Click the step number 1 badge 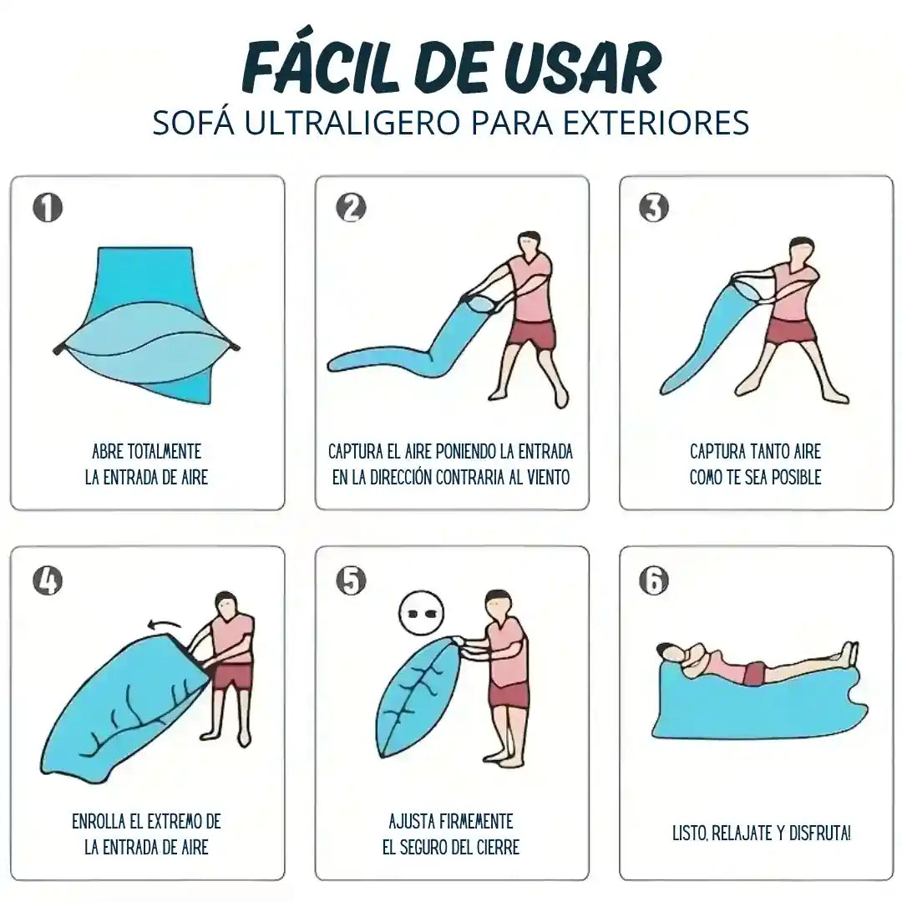[x=47, y=208]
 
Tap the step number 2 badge [x=351, y=208]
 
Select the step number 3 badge [x=654, y=208]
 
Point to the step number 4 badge [x=47, y=580]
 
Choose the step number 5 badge [x=351, y=580]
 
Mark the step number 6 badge [x=654, y=580]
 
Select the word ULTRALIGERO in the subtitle [x=352, y=122]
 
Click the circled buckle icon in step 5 [x=422, y=613]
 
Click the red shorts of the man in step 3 [x=793, y=331]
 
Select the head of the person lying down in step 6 [x=669, y=652]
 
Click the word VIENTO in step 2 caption [x=549, y=478]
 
